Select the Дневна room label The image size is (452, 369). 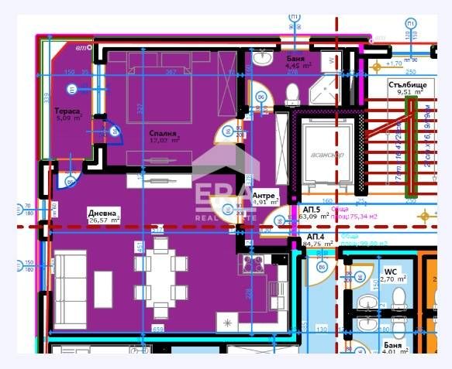tap(102, 212)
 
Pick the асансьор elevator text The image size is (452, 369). tap(325, 154)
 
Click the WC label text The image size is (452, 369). tap(390, 272)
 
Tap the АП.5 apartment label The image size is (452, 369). tap(313, 210)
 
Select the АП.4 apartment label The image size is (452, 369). tap(316, 236)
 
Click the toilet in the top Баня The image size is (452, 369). tap(292, 94)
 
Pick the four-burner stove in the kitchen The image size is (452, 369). tap(254, 264)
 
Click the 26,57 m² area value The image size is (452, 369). tap(105, 220)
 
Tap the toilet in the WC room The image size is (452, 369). tap(399, 297)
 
